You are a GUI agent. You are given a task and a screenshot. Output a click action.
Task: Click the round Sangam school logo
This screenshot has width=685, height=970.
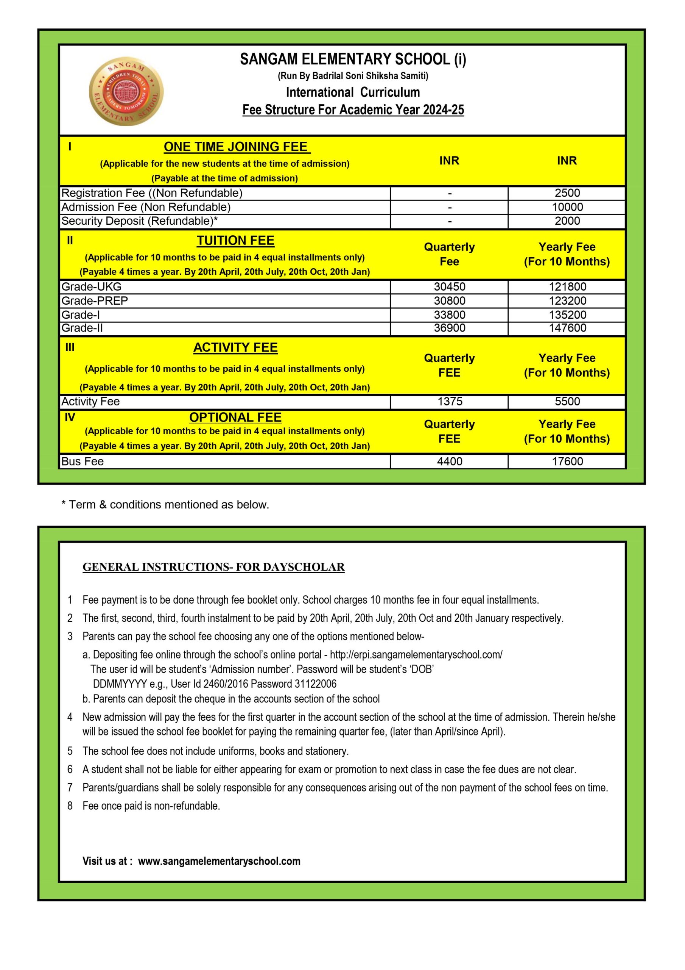[x=126, y=92]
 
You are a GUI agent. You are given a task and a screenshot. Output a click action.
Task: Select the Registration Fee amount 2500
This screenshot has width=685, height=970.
[x=567, y=193]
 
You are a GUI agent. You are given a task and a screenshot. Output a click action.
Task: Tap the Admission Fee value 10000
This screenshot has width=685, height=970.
[x=567, y=207]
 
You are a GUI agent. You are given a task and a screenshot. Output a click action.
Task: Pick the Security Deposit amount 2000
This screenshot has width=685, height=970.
[x=567, y=221]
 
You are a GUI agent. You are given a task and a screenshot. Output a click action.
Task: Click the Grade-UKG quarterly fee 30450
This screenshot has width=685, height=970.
[x=450, y=287]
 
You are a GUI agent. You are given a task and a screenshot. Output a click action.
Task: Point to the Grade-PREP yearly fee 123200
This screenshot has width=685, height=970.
[x=567, y=301]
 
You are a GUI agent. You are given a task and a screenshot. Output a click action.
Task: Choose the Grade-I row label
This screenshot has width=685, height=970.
[x=81, y=315]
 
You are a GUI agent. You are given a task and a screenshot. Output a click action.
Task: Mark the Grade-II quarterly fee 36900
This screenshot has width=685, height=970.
[x=450, y=328]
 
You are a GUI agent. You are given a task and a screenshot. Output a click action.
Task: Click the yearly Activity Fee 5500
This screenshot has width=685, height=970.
[x=567, y=401]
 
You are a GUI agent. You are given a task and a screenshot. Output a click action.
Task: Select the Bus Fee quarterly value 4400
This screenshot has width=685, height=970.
[x=450, y=462]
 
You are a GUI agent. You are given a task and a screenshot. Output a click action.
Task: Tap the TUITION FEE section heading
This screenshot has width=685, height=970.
[x=235, y=241]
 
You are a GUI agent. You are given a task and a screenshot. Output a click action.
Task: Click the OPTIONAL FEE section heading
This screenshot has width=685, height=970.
[x=235, y=418]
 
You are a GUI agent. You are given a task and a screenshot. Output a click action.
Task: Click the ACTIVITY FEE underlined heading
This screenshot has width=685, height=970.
[x=235, y=348]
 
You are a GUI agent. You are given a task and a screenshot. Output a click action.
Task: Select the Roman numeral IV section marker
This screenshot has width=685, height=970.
[x=70, y=418]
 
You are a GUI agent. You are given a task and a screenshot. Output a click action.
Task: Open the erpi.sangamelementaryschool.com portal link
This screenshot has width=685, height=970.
[x=416, y=655]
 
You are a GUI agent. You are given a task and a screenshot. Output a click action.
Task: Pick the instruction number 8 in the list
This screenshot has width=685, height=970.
[x=70, y=806]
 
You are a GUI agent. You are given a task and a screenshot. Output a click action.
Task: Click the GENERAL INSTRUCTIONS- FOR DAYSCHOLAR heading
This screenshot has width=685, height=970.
[x=213, y=567]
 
